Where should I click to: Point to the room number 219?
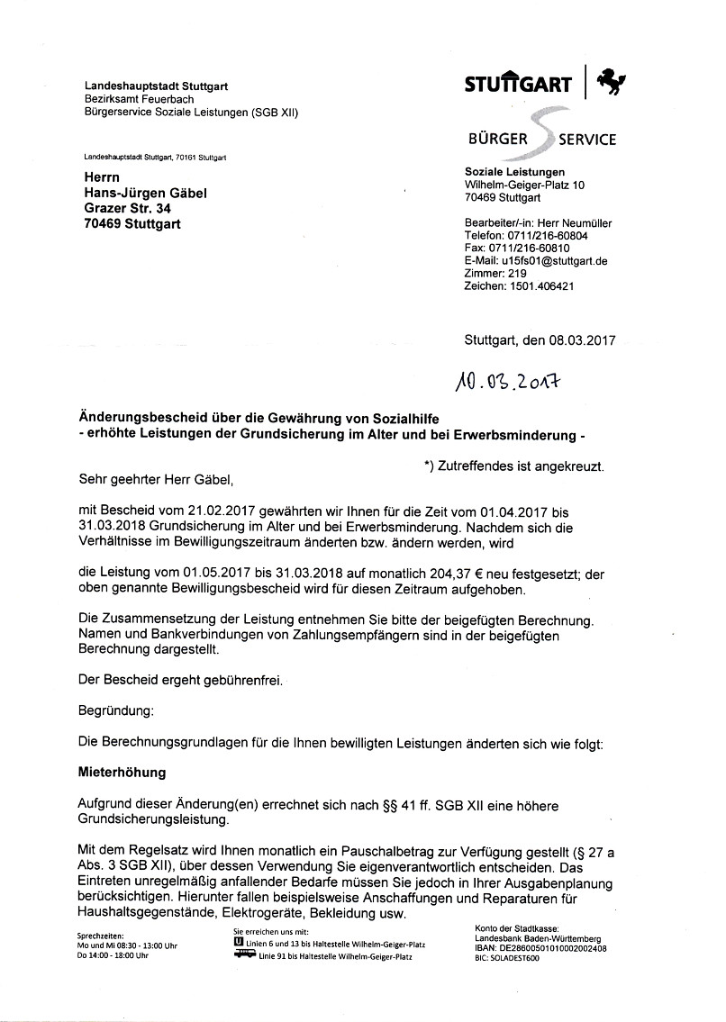coord(517,274)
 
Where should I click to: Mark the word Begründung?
coord(116,711)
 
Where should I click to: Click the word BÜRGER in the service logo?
coord(496,140)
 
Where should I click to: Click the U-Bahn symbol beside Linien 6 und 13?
coord(238,943)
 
